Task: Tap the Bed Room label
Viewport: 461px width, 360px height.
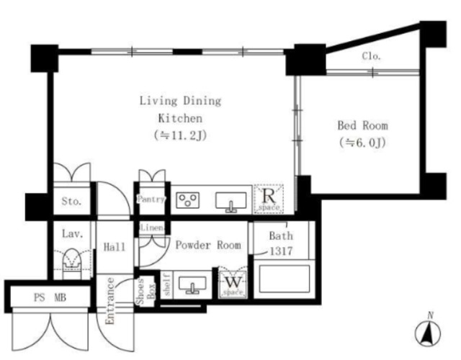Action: pos(362,125)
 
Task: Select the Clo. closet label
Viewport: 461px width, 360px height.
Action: pos(372,55)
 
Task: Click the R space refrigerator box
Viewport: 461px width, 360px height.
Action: pos(269,199)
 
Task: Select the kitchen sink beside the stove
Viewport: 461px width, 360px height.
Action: pos(230,202)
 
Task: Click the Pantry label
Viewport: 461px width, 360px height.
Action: pos(151,199)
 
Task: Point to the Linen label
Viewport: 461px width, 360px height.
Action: pos(152,228)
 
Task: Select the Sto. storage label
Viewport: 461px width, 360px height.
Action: pos(71,202)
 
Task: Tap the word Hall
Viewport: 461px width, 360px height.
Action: pos(115,246)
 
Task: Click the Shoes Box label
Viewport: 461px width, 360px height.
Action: pos(145,291)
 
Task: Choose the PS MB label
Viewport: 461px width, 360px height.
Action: pos(50,297)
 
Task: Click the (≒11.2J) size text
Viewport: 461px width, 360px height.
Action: pos(180,135)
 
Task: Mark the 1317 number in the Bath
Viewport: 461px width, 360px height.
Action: pos(281,251)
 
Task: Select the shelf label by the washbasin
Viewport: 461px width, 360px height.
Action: pos(167,284)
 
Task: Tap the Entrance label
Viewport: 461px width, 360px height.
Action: pos(110,301)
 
